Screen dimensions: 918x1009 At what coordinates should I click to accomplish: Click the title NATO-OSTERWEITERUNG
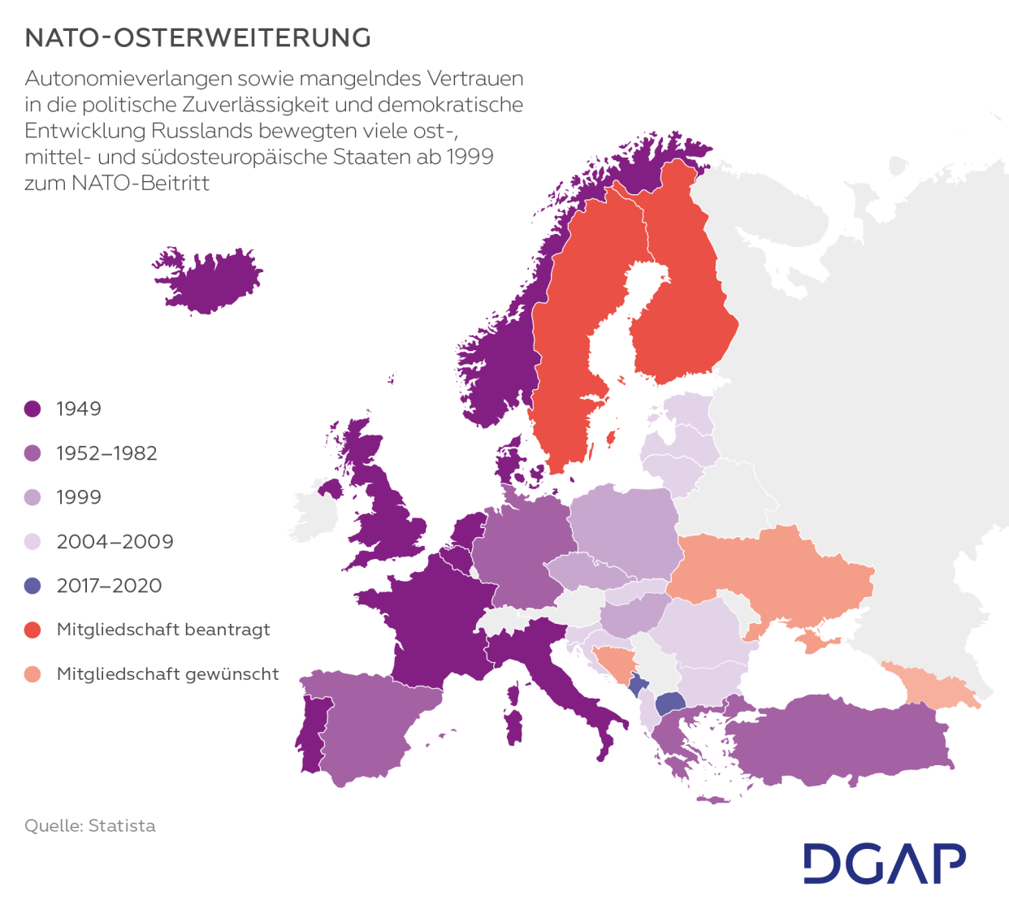click(x=197, y=38)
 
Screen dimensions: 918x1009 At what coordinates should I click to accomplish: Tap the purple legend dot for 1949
click(x=32, y=409)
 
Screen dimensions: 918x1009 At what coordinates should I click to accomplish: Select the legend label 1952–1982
click(x=106, y=453)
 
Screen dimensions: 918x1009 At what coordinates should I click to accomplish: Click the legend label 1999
click(x=79, y=497)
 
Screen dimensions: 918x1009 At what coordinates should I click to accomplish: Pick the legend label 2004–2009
click(x=115, y=542)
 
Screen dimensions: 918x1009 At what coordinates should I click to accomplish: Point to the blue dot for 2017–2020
click(x=32, y=586)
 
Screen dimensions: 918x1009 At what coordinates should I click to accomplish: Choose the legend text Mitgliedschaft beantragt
click(x=162, y=630)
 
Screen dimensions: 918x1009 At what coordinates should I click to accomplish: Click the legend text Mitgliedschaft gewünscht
click(x=167, y=673)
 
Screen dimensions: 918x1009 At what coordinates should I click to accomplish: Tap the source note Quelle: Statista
click(x=89, y=825)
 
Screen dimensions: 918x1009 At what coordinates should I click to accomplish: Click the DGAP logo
click(x=884, y=864)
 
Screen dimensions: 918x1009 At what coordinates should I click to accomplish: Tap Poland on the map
click(x=624, y=528)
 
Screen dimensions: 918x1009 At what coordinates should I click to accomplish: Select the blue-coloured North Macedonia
click(x=669, y=702)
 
